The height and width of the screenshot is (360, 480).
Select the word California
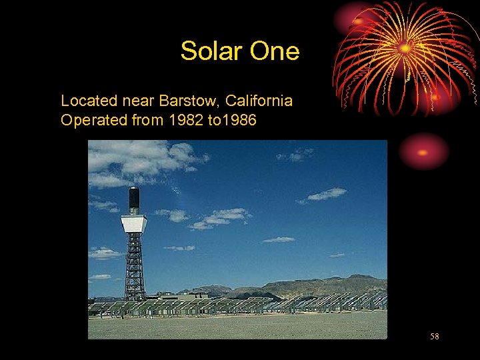tap(259, 101)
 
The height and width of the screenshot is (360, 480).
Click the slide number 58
tap(434, 337)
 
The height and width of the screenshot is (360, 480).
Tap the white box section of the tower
tap(134, 223)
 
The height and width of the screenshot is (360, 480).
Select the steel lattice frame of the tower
tap(135, 267)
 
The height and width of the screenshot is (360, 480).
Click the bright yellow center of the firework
tap(405, 48)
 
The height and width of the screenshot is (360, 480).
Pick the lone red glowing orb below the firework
tap(423, 152)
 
